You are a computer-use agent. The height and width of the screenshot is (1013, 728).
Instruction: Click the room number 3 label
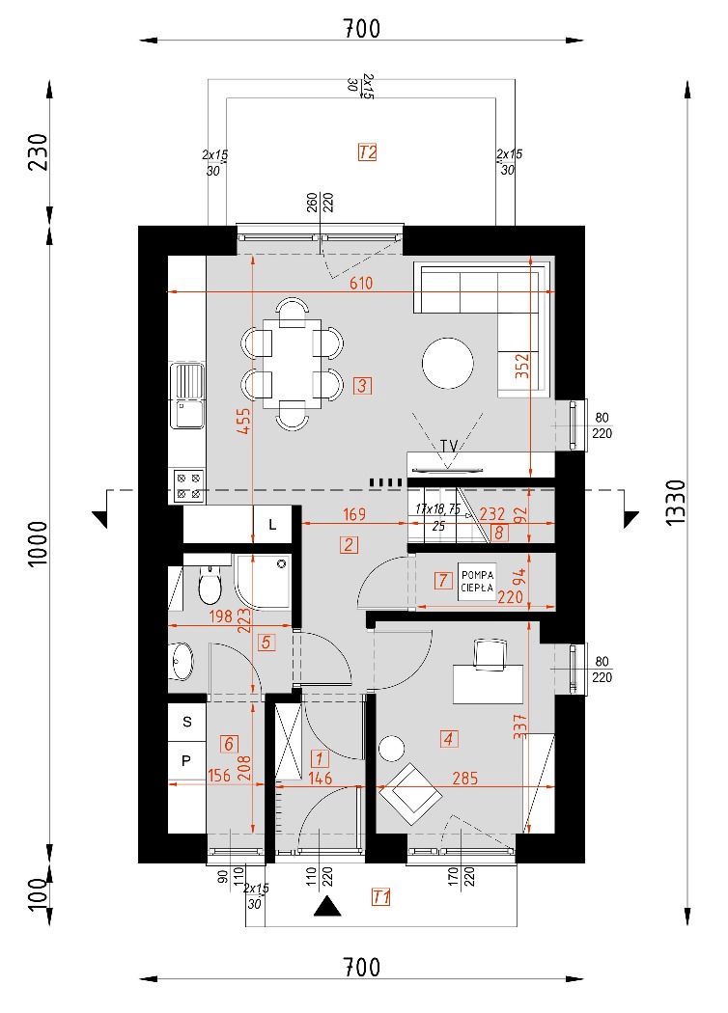(363, 386)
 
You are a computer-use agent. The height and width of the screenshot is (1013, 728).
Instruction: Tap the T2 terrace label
(367, 152)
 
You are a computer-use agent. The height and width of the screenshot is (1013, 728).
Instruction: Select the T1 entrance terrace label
(380, 896)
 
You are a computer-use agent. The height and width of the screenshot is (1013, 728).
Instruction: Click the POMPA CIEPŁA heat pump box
(477, 582)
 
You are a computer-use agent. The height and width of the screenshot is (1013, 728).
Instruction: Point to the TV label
(449, 446)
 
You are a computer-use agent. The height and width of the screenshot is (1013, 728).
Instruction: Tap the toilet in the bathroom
(210, 585)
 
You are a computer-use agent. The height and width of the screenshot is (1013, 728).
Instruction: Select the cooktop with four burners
(188, 486)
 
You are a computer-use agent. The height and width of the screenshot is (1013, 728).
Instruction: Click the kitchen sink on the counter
(187, 396)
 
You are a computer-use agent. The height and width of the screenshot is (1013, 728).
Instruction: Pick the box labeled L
(273, 525)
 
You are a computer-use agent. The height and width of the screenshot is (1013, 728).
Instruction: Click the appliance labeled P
(187, 760)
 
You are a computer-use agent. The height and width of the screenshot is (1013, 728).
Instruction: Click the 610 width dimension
(361, 283)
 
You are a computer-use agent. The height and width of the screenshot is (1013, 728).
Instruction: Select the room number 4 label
(448, 738)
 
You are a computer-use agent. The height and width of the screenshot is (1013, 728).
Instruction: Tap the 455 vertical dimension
(243, 420)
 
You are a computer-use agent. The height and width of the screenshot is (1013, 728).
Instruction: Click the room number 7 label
(443, 580)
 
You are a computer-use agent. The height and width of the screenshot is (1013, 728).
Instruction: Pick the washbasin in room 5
(181, 661)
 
